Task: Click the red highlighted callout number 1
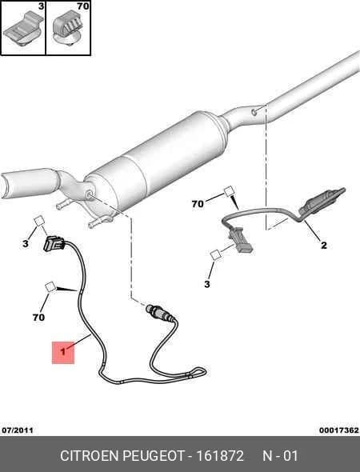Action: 63,351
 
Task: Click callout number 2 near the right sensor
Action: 323,246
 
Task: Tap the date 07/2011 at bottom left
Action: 18,430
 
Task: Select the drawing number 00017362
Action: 339,430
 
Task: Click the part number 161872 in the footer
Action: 220,456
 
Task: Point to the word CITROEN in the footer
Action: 90,456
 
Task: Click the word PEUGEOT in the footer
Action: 154,456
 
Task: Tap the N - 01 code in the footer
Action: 281,456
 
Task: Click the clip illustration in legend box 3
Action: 23,29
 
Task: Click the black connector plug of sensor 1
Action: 54,243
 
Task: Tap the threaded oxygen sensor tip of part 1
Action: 159,313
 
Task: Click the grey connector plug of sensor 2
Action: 242,240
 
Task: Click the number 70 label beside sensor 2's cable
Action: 198,204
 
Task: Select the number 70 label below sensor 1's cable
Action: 38,317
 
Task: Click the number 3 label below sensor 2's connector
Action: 206,284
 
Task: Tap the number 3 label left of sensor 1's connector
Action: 26,243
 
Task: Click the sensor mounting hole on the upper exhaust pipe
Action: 254,112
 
